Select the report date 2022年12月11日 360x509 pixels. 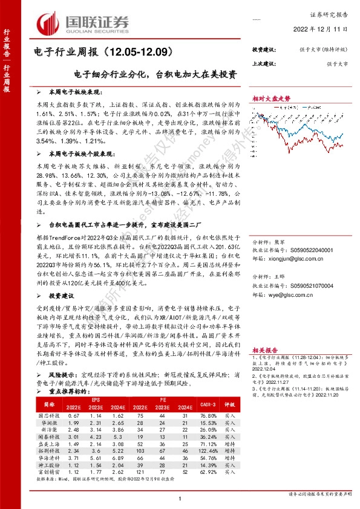323,30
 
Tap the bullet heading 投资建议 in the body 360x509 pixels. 62,296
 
